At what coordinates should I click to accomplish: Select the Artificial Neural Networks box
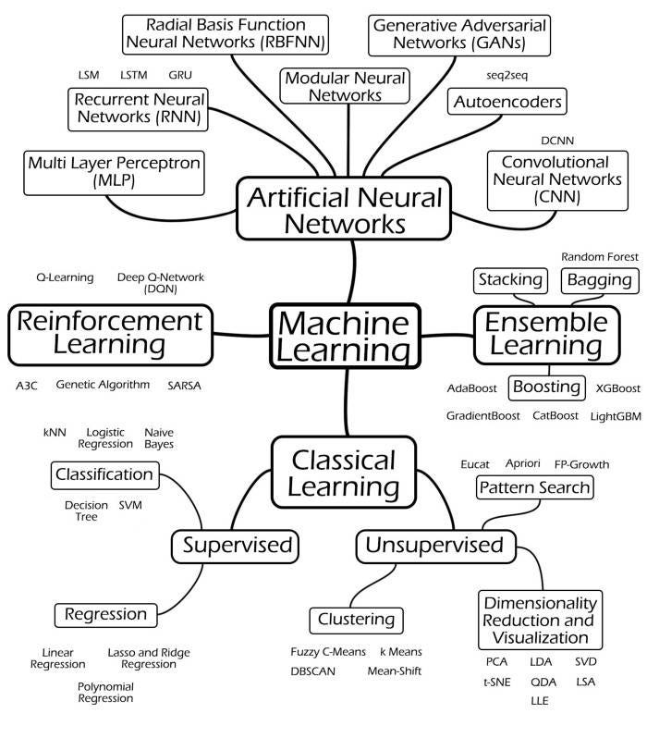point(345,209)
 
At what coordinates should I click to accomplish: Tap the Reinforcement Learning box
point(109,333)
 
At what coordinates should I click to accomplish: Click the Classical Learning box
point(344,473)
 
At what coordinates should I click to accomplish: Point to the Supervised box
point(238,546)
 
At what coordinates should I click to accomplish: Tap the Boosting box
point(547,386)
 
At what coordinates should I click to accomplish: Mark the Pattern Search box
point(534,486)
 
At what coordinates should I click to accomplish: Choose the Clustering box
point(356,619)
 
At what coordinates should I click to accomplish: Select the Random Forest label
point(599,256)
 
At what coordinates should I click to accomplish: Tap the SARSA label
point(184,384)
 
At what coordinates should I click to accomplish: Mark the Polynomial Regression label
point(105,693)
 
